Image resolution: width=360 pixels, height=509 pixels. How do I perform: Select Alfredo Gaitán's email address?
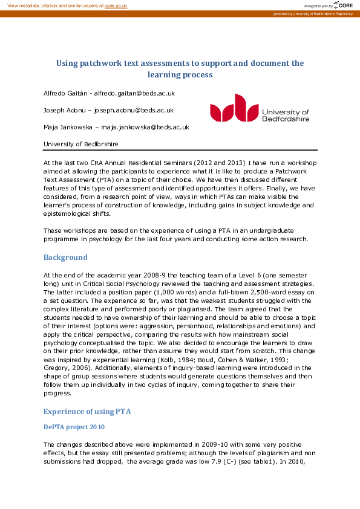coord(138,94)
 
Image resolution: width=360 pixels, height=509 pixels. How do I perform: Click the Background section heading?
coord(65,258)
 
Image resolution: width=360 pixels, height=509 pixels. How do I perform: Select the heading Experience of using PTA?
coord(87,412)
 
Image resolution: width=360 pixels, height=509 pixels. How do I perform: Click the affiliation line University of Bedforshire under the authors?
coord(81,144)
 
